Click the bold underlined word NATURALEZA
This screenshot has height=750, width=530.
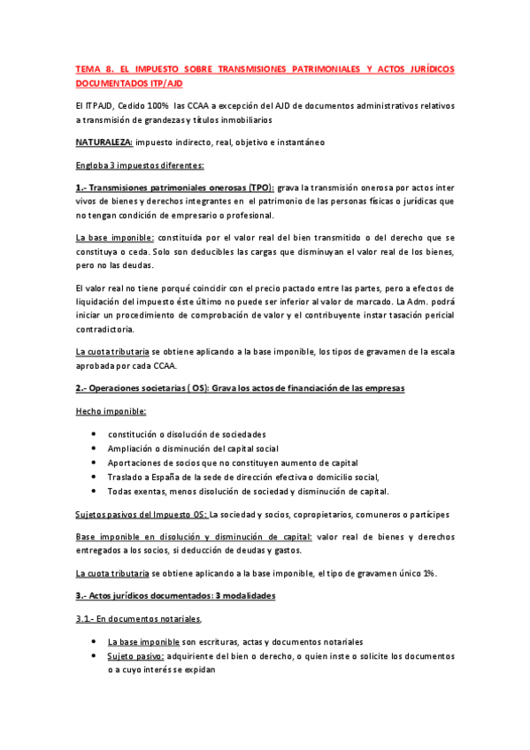[104, 142]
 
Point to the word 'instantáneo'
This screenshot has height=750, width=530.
[297, 142]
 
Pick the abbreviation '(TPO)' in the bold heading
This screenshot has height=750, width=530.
[256, 188]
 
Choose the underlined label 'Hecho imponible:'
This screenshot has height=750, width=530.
[111, 411]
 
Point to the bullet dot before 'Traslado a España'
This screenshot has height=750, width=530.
[95, 477]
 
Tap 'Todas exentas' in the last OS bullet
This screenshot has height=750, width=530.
[137, 491]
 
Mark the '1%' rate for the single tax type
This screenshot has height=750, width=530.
[428, 548]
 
